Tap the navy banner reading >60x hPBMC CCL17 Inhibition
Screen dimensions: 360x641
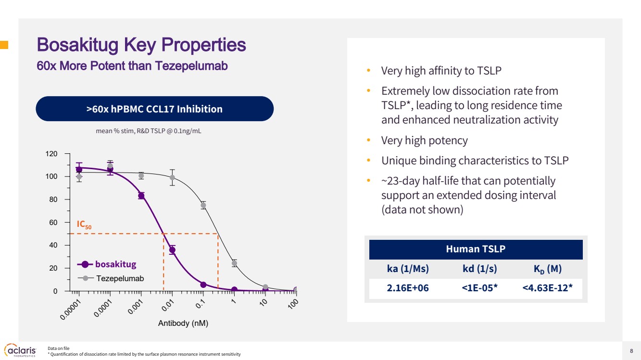coord(154,109)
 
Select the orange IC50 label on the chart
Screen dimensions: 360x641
coord(84,224)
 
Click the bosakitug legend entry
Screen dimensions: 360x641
coord(115,264)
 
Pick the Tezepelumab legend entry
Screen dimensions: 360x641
coord(120,278)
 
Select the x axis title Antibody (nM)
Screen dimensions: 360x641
coord(183,323)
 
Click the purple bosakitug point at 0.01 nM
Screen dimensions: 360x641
coord(172,250)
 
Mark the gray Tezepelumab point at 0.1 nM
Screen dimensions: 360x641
coord(203,205)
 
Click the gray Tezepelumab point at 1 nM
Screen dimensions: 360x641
coord(234,263)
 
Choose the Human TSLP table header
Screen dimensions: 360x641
coord(476,249)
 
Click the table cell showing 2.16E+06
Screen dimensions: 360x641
coord(408,288)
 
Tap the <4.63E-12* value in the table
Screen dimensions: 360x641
coord(547,288)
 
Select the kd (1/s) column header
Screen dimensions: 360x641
coord(476,268)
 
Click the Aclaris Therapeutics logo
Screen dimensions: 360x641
coord(20,349)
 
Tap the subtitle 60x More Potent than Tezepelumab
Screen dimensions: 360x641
coord(132,66)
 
